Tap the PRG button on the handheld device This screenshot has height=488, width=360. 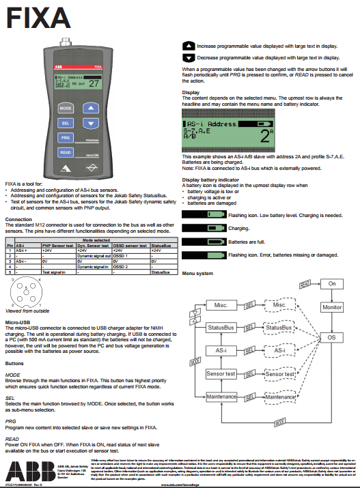(65, 137)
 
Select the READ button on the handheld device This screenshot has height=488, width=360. (65, 152)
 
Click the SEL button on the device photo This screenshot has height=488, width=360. (65, 123)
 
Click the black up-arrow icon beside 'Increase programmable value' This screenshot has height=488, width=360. (189, 45)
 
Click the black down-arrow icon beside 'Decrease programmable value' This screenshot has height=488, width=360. (189, 58)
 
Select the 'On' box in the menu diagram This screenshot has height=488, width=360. (333, 283)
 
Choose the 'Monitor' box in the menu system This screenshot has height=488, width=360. (333, 308)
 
